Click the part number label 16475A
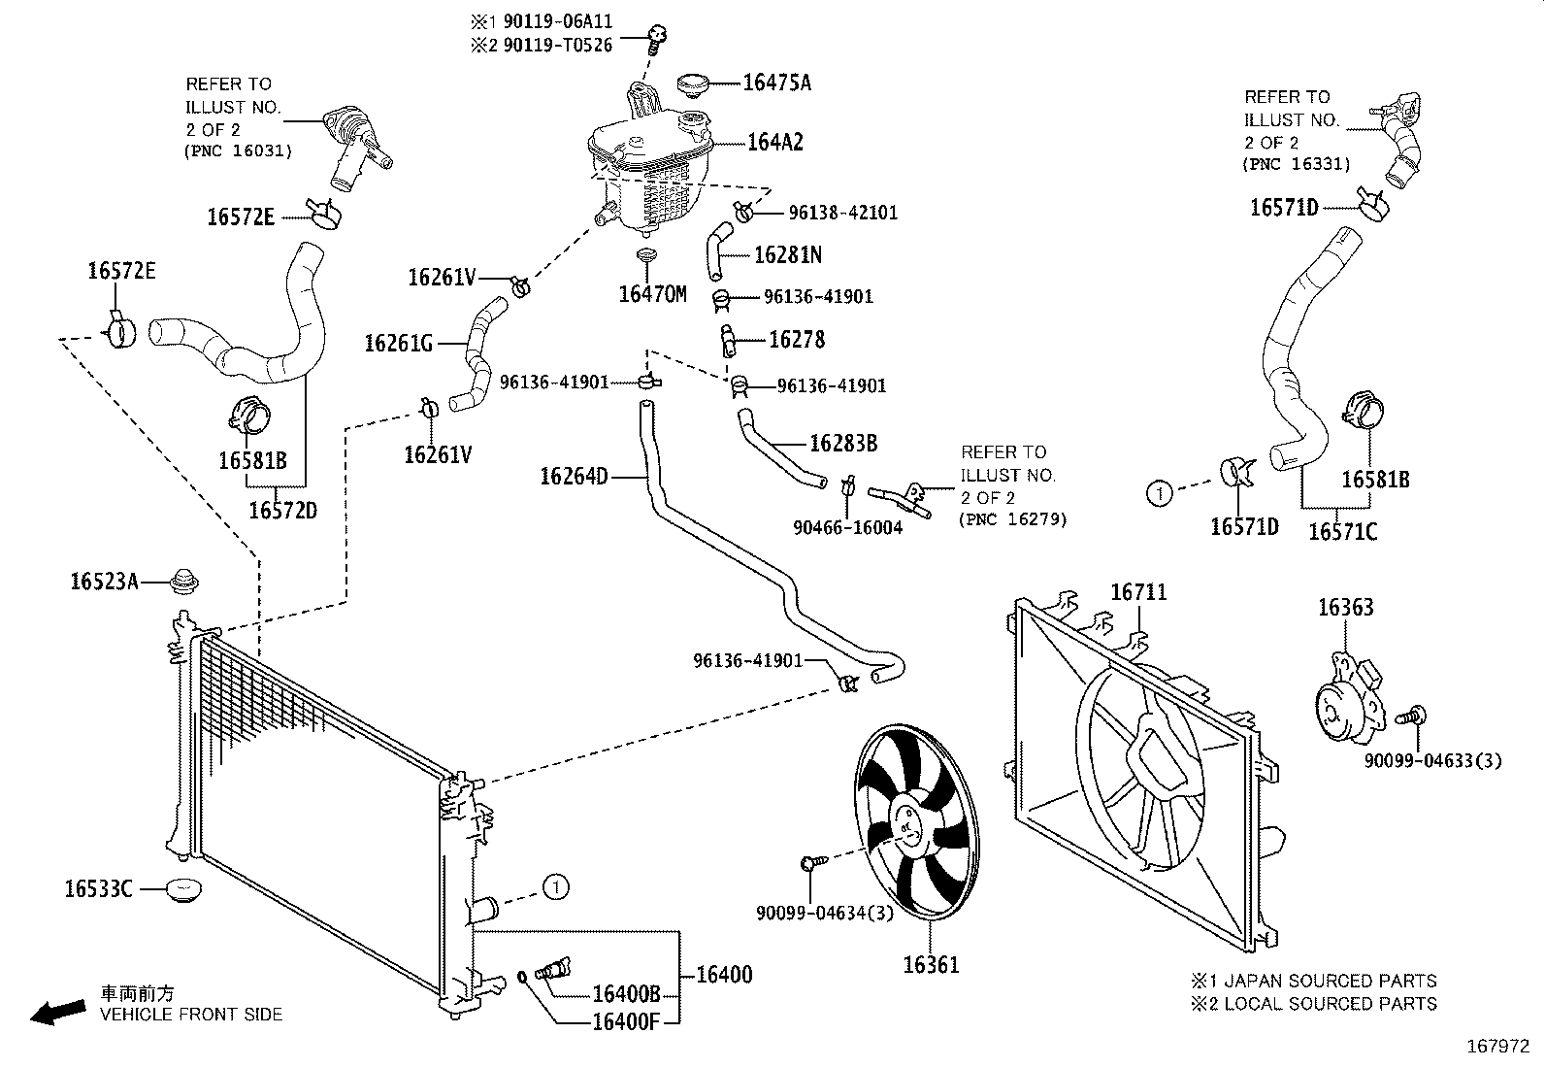coord(776,83)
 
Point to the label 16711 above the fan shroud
coord(1138,592)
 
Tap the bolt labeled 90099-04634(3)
coord(812,862)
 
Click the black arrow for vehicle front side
coord(57,1012)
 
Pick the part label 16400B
coord(626,994)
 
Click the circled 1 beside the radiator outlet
coord(554,886)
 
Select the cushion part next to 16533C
coord(182,888)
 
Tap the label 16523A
coord(104,582)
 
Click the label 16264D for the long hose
coord(574,476)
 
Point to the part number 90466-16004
coord(847,527)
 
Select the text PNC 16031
coord(237,150)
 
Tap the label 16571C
coord(1342,531)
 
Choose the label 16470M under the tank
coord(652,294)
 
